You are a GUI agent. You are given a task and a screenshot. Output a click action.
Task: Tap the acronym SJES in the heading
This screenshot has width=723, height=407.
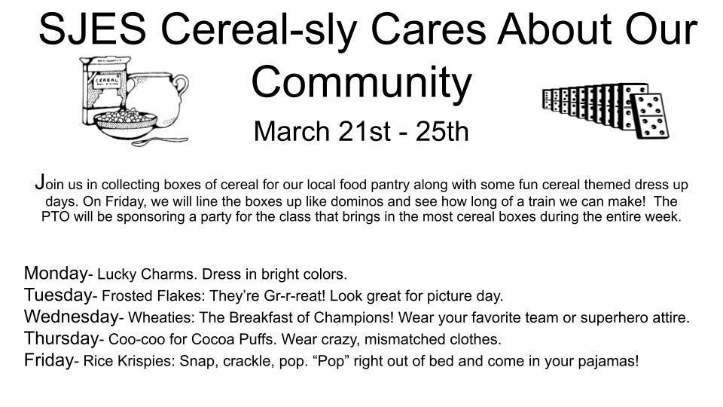point(93,29)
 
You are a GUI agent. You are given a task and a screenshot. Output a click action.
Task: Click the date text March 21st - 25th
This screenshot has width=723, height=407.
point(361,131)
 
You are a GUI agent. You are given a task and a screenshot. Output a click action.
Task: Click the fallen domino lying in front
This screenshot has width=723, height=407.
point(650,116)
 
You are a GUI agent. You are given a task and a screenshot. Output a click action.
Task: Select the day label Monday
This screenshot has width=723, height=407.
point(55,273)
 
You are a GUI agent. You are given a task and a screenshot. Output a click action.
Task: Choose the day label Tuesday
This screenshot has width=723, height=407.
point(58,295)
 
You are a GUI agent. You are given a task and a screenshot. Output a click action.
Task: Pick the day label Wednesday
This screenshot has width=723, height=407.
point(72,316)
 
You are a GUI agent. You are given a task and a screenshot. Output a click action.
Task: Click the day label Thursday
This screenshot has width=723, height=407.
point(61,338)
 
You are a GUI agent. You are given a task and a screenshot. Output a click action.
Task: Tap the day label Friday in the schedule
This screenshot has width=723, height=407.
point(48,360)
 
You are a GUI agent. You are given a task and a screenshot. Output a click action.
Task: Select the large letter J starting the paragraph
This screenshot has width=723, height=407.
point(40,182)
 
